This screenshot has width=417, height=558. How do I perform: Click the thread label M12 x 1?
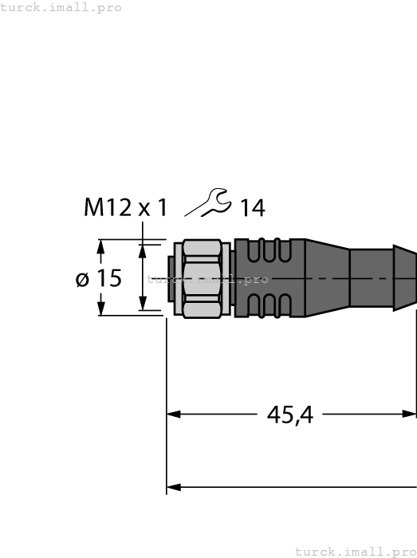click(x=126, y=208)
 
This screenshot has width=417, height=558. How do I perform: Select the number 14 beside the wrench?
click(x=252, y=209)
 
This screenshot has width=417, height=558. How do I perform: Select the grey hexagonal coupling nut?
click(x=203, y=278)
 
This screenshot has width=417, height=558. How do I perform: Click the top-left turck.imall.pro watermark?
click(x=61, y=7)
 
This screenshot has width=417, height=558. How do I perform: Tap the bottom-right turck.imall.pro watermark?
click(x=356, y=551)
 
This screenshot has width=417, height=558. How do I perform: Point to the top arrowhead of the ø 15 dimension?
click(x=100, y=248)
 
